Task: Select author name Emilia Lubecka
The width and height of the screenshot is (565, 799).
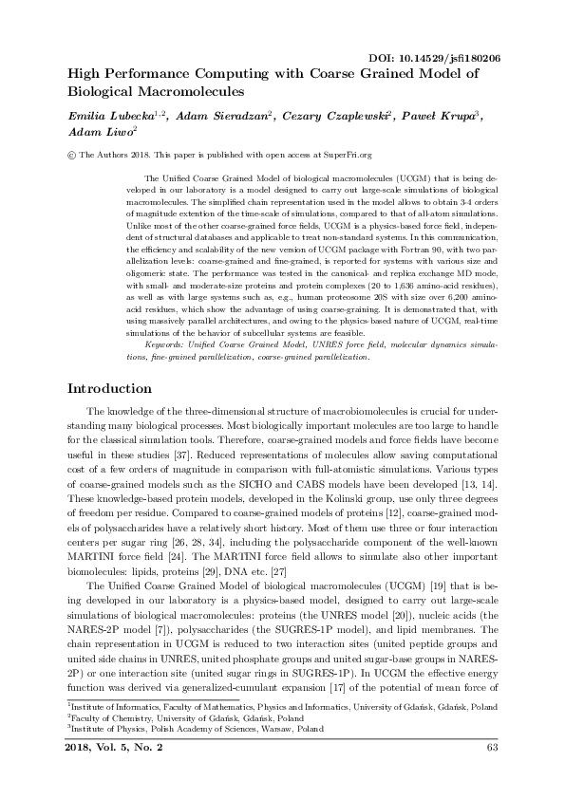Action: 102,116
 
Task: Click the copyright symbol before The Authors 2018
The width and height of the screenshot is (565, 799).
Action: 73,154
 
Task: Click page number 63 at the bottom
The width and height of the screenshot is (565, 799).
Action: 492,776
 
